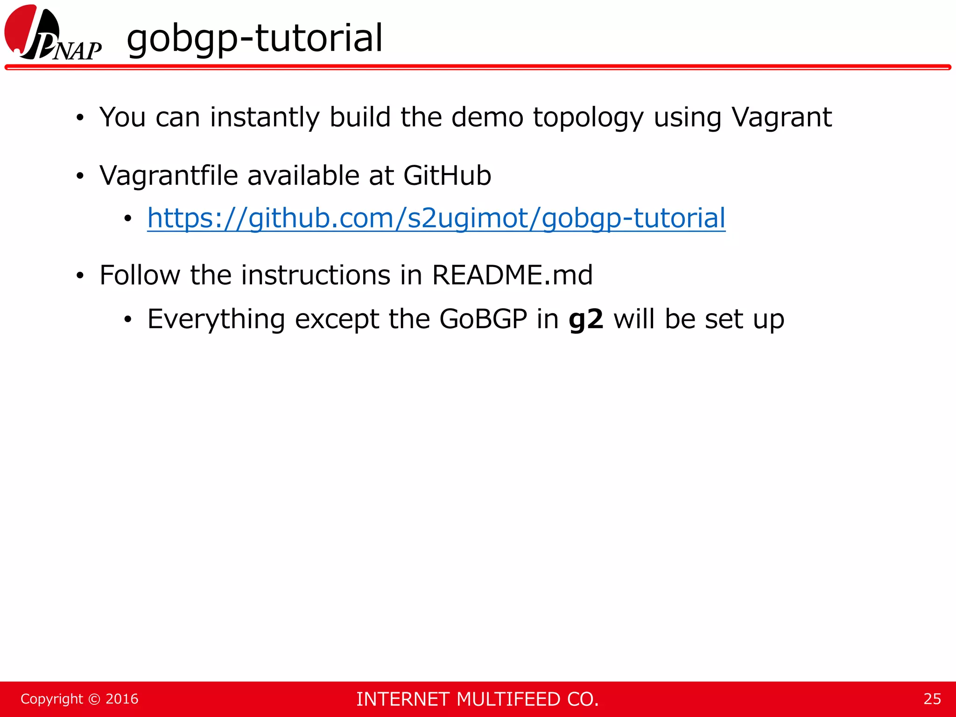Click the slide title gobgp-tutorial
point(254,38)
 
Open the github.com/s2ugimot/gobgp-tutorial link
point(436,218)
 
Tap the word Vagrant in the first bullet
point(781,117)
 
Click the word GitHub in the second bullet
point(447,176)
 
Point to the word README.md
point(512,275)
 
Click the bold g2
point(586,320)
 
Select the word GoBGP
point(483,319)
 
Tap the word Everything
point(216,320)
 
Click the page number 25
point(932,699)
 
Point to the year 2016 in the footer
point(122,699)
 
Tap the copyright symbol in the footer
point(94,699)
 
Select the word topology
point(588,118)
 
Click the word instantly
point(264,117)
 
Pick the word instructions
point(316,275)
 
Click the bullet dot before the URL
point(128,218)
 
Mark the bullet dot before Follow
point(80,275)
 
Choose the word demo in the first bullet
point(487,117)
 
